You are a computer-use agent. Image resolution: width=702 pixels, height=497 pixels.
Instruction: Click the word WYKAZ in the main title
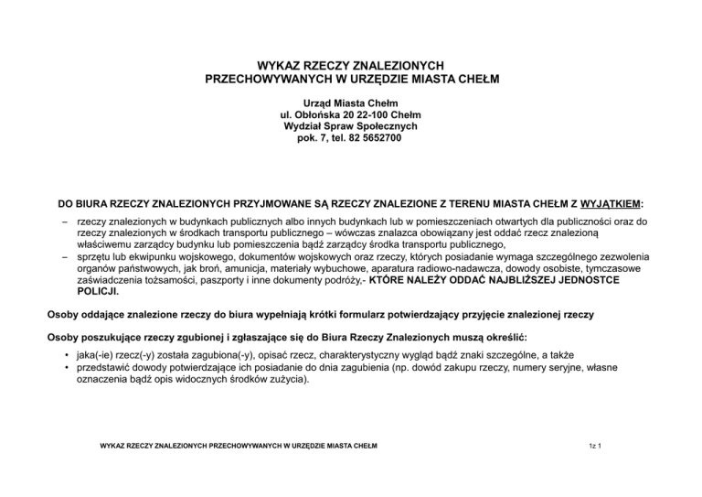tap(280, 66)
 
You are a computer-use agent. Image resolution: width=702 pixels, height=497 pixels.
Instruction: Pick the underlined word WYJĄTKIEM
tap(612, 201)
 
